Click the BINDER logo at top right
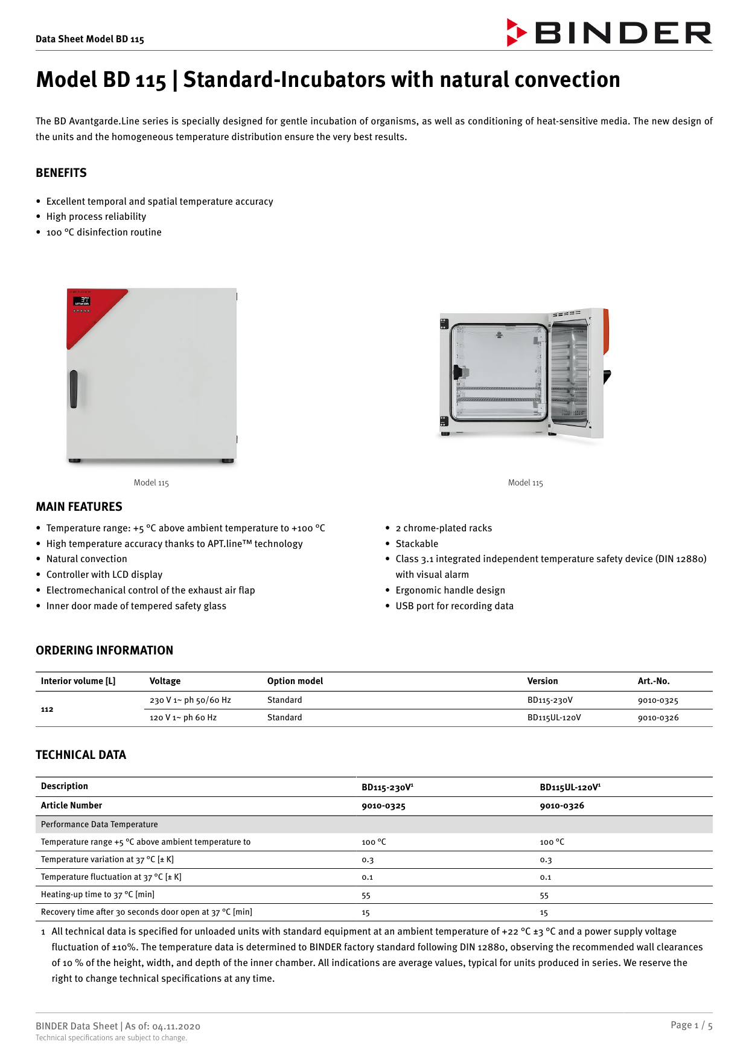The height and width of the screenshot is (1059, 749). click(x=609, y=33)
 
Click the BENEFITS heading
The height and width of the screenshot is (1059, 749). click(x=61, y=173)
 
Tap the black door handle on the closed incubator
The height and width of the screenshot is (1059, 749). click(x=74, y=389)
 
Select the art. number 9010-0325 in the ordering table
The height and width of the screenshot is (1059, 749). click(x=657, y=700)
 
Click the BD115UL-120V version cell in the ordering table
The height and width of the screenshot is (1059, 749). click(x=553, y=718)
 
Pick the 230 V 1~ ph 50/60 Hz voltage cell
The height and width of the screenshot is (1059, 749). click(x=190, y=700)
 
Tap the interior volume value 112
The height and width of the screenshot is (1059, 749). click(x=47, y=709)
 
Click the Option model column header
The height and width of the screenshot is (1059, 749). click(x=295, y=681)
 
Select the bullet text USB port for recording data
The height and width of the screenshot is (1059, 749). click(x=454, y=606)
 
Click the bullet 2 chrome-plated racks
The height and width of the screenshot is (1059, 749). click(x=443, y=528)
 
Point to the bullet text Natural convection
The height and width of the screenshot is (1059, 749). click(x=86, y=559)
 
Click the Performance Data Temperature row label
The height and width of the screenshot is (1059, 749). click(x=99, y=824)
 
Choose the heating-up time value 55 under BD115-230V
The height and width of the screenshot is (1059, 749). click(x=366, y=895)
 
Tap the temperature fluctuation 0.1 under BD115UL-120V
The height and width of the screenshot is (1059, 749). click(x=545, y=877)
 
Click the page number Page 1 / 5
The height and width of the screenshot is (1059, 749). click(x=691, y=1025)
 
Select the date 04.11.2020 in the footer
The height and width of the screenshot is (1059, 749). click(x=176, y=1026)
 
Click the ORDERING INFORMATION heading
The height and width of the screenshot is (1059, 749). click(x=104, y=650)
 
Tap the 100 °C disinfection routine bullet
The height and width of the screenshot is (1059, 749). click(x=103, y=232)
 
